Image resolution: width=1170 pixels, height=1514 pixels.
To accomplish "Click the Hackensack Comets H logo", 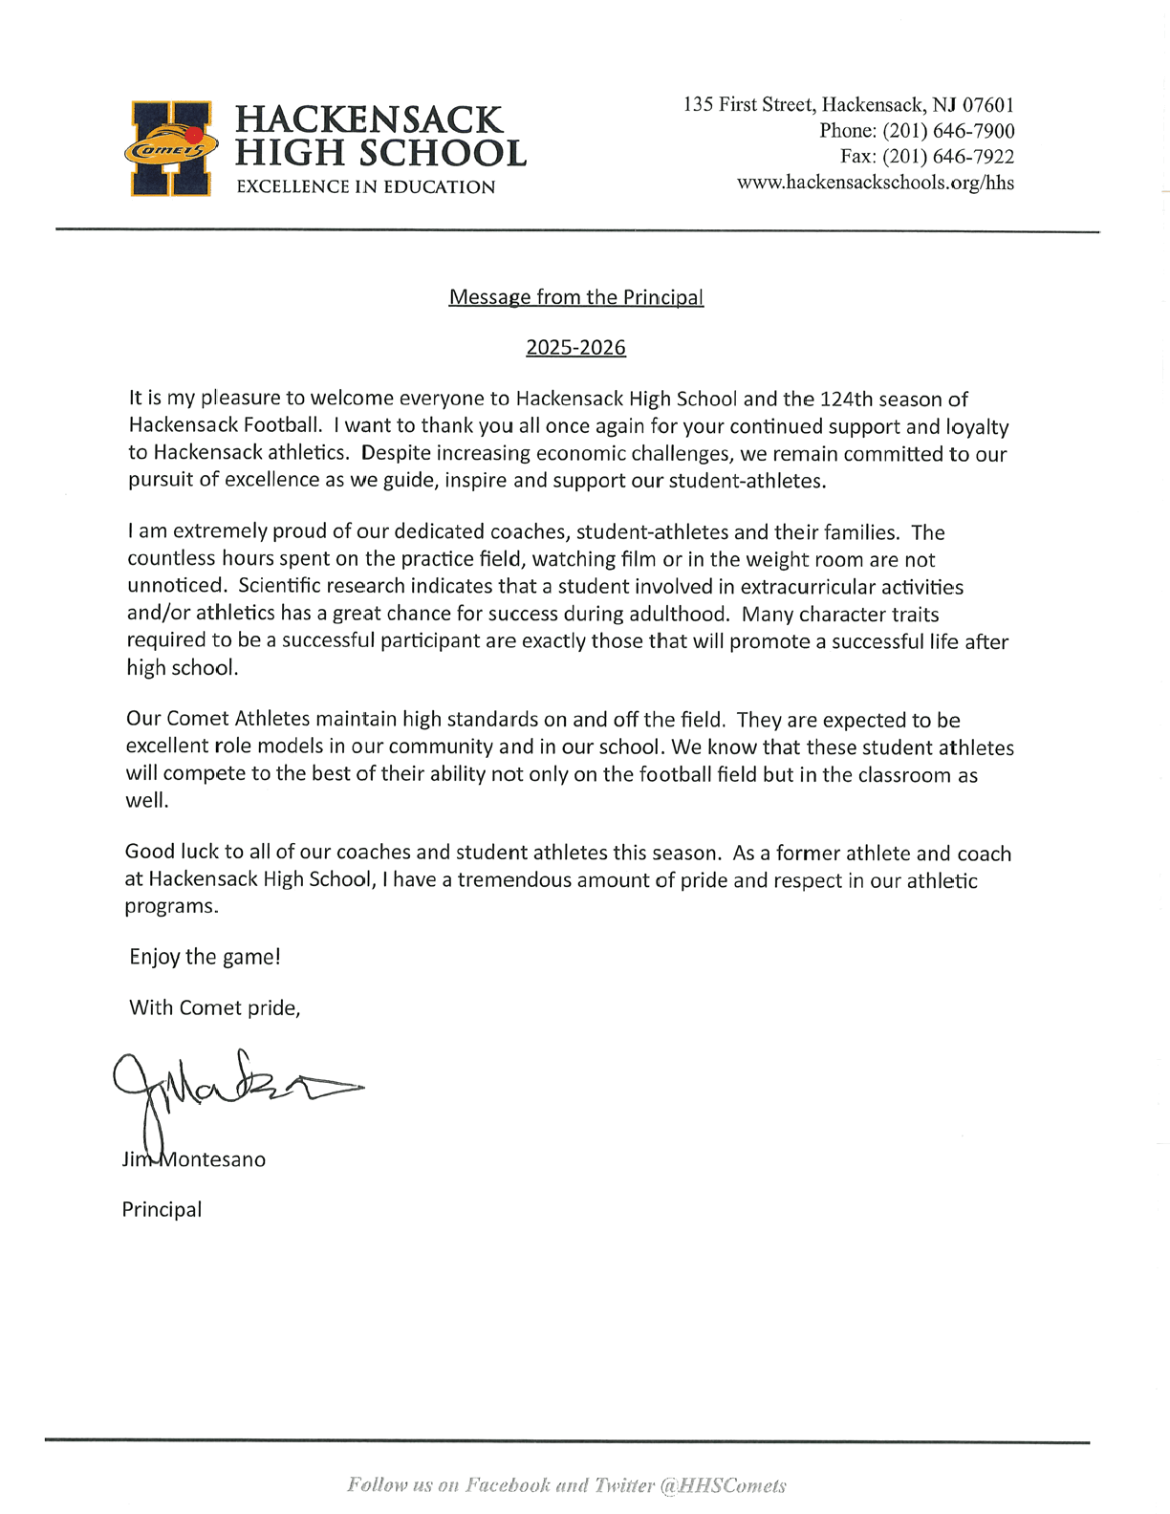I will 171,148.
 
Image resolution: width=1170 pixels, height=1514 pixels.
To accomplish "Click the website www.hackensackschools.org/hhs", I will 875,183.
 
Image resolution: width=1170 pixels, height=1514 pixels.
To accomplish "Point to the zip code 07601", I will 987,104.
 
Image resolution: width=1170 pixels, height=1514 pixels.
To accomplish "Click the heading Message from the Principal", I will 576,297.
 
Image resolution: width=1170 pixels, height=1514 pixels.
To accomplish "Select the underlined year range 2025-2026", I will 575,348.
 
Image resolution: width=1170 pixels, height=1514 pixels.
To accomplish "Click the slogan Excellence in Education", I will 365,187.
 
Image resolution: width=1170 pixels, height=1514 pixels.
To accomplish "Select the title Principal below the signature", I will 162,1209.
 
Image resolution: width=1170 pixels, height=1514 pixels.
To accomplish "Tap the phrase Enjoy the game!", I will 205,957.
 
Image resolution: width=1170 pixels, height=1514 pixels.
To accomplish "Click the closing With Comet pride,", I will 214,1007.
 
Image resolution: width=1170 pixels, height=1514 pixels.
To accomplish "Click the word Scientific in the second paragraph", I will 282,586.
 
